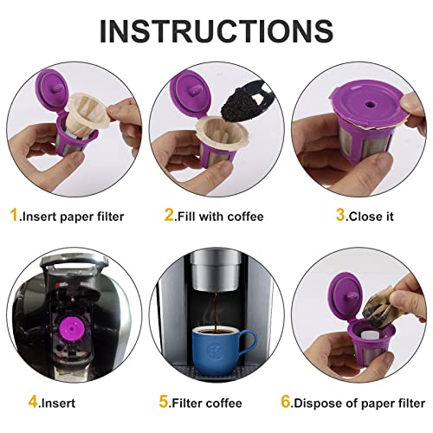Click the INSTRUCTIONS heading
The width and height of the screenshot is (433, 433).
coord(216,29)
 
